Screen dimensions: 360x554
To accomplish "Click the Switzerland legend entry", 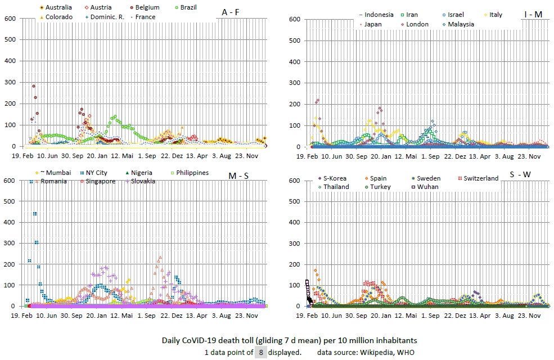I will pos(477,178).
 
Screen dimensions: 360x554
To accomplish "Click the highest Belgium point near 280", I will pos(34,87).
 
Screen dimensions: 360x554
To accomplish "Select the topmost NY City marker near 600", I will pos(31,182).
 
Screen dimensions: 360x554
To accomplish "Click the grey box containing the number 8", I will pos(260,353).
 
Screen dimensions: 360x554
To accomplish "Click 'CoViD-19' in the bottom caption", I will pos(218,340).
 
